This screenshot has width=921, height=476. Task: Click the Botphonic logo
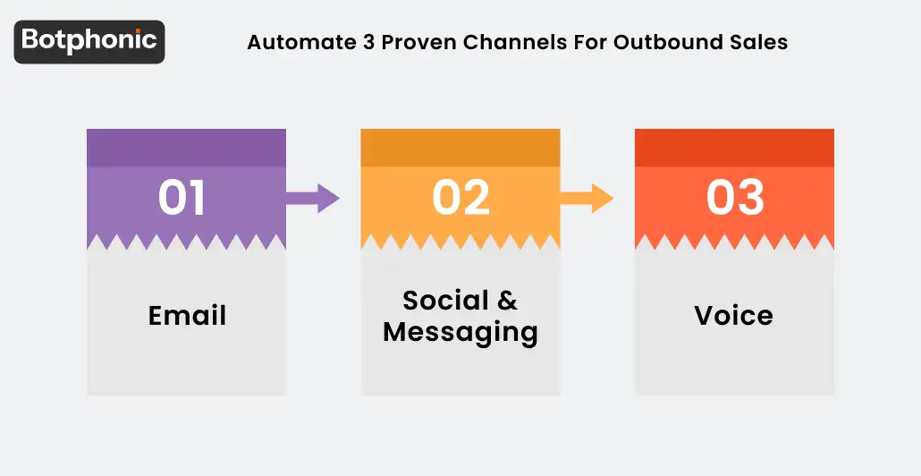pos(89,41)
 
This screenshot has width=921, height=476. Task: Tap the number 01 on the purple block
pos(182,199)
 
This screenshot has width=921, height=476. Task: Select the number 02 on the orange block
pos(460,199)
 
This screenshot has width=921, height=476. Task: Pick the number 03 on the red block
pos(735,199)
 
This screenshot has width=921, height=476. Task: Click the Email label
pos(187,316)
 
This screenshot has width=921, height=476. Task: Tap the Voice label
pos(733,316)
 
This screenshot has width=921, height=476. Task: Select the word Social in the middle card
pos(446,300)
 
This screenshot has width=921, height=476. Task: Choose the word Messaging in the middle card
pos(460,332)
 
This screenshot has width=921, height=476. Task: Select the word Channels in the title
pos(507,43)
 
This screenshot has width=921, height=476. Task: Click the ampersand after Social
pos(508,300)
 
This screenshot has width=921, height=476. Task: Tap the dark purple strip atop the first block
pos(186,148)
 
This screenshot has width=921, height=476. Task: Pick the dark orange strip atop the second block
pos(460,148)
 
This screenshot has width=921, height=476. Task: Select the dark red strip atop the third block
pos(734,148)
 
